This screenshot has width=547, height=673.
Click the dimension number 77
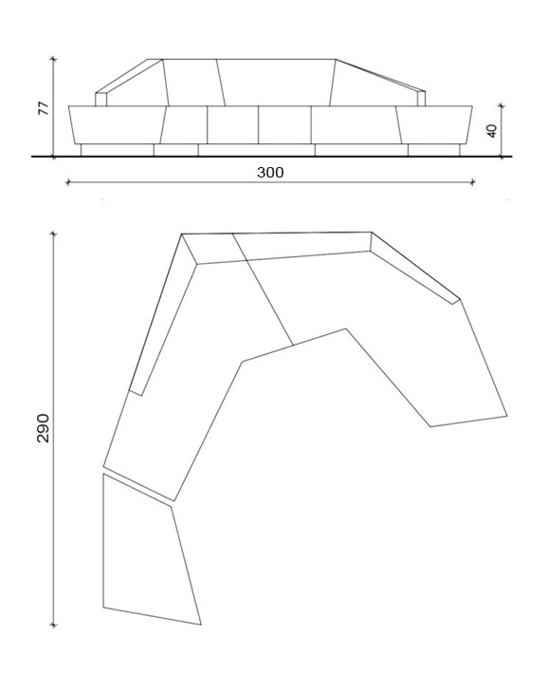[x=43, y=108]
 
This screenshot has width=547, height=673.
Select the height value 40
[x=492, y=130]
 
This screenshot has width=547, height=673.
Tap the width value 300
[x=270, y=173]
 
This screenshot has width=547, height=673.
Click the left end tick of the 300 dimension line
[x=67, y=182]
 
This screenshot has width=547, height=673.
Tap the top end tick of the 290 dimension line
[x=54, y=233]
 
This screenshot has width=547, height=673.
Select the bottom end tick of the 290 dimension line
[x=54, y=626]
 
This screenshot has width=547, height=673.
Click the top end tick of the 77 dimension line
[x=54, y=60]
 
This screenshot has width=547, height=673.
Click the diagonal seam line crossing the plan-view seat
[x=263, y=289]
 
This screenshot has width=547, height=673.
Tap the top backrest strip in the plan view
[x=284, y=246]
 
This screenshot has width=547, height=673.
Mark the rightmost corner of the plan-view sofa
[x=507, y=416]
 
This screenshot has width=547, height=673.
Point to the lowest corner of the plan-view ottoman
[x=201, y=625]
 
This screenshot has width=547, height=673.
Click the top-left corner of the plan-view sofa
[x=182, y=234]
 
